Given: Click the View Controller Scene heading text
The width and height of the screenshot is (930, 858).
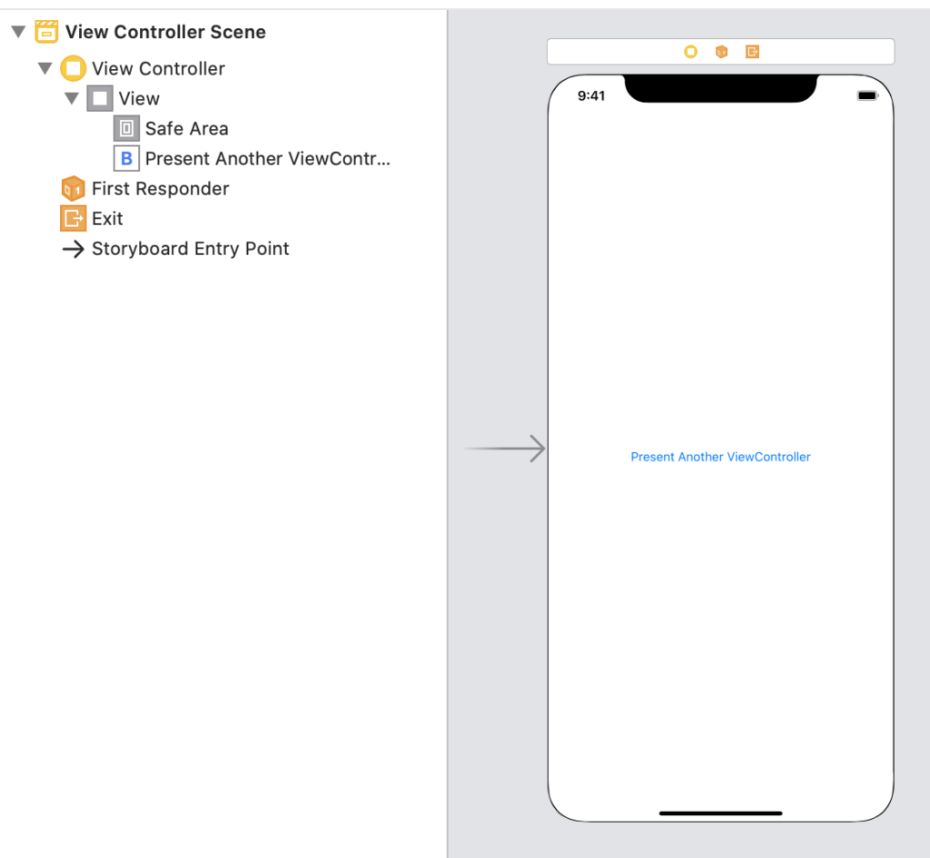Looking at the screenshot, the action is (165, 32).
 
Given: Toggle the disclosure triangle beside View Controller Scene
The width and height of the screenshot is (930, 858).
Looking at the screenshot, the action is (18, 32).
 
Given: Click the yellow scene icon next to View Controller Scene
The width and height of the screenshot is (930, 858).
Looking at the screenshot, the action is (46, 32).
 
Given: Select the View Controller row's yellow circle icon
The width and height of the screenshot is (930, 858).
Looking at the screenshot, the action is (73, 68).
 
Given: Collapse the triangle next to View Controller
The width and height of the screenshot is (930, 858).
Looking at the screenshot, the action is (45, 68).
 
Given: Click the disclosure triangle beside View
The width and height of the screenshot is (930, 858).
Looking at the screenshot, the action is (72, 98).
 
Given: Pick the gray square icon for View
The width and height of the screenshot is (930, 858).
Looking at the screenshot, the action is (100, 98).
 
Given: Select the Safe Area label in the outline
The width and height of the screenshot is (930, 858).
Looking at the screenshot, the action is (187, 129).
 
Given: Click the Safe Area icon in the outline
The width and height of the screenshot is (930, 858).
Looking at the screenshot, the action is (126, 128).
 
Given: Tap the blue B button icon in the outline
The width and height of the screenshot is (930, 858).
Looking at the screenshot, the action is (126, 158).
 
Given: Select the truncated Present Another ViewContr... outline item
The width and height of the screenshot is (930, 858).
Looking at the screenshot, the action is (268, 159).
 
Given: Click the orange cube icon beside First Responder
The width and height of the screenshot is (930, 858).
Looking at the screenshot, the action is (73, 189).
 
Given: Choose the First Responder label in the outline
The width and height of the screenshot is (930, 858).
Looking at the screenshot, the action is (160, 189).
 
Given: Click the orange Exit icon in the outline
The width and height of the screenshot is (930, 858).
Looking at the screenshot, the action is (73, 218).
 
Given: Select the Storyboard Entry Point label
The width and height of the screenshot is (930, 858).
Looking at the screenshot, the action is (191, 249).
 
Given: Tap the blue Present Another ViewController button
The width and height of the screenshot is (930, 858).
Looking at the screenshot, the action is (720, 458).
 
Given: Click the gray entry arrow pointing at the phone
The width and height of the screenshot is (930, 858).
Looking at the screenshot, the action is (505, 449).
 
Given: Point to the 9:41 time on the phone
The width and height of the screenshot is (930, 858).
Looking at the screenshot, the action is (591, 96).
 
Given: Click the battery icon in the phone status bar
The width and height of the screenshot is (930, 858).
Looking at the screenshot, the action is (867, 95).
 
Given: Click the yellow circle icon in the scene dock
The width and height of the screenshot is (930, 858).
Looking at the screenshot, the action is (691, 52).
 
